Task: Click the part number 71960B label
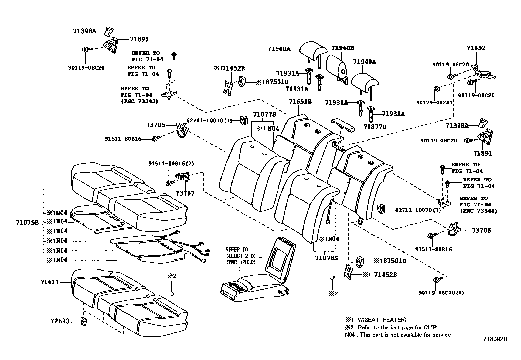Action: tap(343, 48)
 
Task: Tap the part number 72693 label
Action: tap(60, 321)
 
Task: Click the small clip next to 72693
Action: tap(84, 321)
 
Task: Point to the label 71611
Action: tap(50, 282)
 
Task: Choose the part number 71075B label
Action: tap(27, 223)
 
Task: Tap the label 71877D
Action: tap(375, 127)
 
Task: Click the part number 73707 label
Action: tap(185, 193)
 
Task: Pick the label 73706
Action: tap(481, 230)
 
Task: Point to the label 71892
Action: tap(476, 48)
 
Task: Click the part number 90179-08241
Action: tap(434, 103)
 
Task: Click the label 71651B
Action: tap(300, 102)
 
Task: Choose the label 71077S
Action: tap(264, 114)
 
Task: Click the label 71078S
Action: tap(326, 258)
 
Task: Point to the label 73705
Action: tap(155, 125)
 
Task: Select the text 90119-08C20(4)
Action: tap(441, 293)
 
